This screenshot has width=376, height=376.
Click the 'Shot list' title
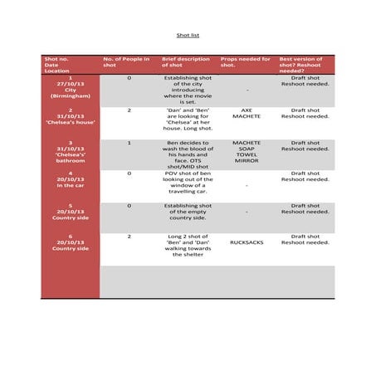[188, 37]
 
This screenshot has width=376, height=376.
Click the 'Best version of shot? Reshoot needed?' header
[304, 65]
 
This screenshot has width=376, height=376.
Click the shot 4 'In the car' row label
[71, 179]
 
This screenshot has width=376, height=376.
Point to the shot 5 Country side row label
[71, 212]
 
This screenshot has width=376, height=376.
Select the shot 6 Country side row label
[71, 243]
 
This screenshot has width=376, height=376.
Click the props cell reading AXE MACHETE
[246, 113]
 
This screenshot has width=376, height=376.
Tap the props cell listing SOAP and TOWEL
[246, 152]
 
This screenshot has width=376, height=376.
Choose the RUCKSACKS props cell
[246, 243]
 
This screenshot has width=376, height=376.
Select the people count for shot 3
[129, 143]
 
